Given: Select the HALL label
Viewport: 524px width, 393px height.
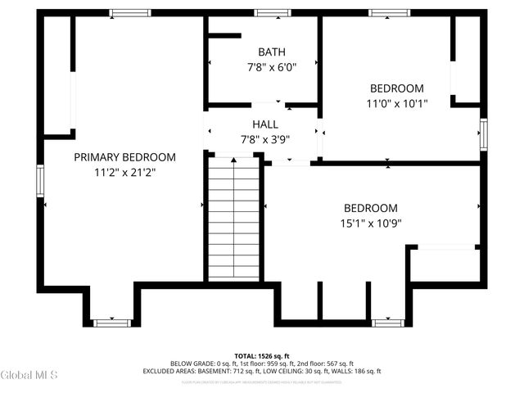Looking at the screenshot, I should pyautogui.click(x=265, y=124).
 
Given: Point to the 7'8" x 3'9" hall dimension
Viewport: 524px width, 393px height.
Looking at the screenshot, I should pyautogui.click(x=265, y=138).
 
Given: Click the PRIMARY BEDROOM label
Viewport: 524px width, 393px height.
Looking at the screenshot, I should pyautogui.click(x=124, y=157).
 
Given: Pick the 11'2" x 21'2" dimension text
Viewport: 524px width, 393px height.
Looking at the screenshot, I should pyautogui.click(x=124, y=173).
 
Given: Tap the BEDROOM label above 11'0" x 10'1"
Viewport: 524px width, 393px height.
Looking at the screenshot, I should pyautogui.click(x=396, y=88).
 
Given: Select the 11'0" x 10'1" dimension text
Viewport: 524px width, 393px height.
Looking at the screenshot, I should pyautogui.click(x=396, y=103).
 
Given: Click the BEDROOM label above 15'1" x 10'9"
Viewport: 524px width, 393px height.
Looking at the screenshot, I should pyautogui.click(x=370, y=208).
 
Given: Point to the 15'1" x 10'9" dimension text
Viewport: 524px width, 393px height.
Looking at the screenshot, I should pyautogui.click(x=370, y=223).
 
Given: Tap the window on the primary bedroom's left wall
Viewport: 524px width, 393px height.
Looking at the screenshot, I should pyautogui.click(x=38, y=180).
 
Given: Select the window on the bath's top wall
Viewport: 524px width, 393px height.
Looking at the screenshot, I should pyautogui.click(x=267, y=13).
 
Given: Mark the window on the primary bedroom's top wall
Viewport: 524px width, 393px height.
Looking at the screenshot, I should pyautogui.click(x=130, y=13).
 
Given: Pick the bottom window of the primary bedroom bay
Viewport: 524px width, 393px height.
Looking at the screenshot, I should pyautogui.click(x=113, y=323).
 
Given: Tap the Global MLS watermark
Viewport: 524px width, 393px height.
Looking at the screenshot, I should pyautogui.click(x=29, y=375).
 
